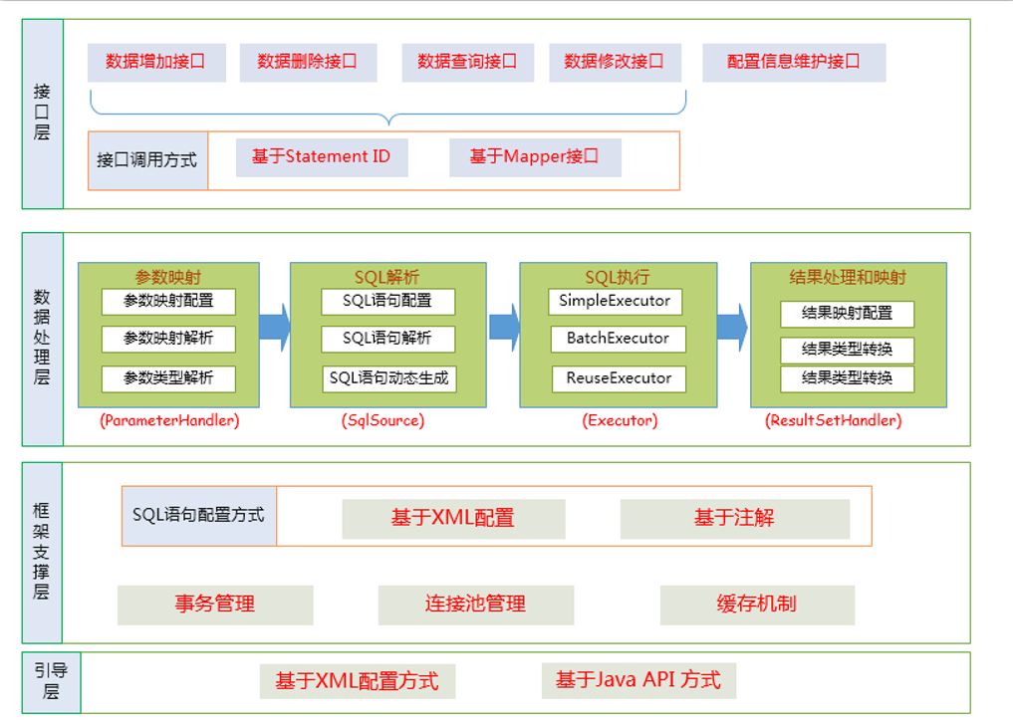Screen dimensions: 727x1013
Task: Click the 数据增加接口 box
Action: [156, 62]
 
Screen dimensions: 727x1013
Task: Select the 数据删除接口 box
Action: [307, 62]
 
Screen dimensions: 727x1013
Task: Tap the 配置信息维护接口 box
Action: [794, 62]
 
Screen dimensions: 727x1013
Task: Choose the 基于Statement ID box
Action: [321, 157]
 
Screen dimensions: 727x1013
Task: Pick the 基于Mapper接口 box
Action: [535, 157]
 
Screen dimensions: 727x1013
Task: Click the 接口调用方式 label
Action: [147, 160]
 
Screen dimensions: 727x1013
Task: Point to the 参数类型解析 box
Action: [169, 378]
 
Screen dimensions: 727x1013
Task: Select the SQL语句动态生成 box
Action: [388, 378]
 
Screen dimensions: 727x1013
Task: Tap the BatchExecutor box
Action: [619, 339]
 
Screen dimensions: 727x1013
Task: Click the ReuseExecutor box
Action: [619, 378]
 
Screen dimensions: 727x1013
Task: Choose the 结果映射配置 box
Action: [847, 313]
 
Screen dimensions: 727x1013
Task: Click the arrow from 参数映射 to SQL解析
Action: [274, 328]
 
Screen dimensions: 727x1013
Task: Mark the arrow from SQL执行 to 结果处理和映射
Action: [732, 328]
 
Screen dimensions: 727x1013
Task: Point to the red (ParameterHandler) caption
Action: [169, 421]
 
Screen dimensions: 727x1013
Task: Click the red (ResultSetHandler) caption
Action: [833, 421]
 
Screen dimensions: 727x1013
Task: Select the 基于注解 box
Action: [734, 519]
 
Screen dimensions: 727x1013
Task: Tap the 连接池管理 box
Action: [475, 605]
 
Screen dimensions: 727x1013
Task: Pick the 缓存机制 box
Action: [756, 605]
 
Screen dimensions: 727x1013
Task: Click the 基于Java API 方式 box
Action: [638, 681]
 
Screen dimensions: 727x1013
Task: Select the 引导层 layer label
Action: [51, 682]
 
